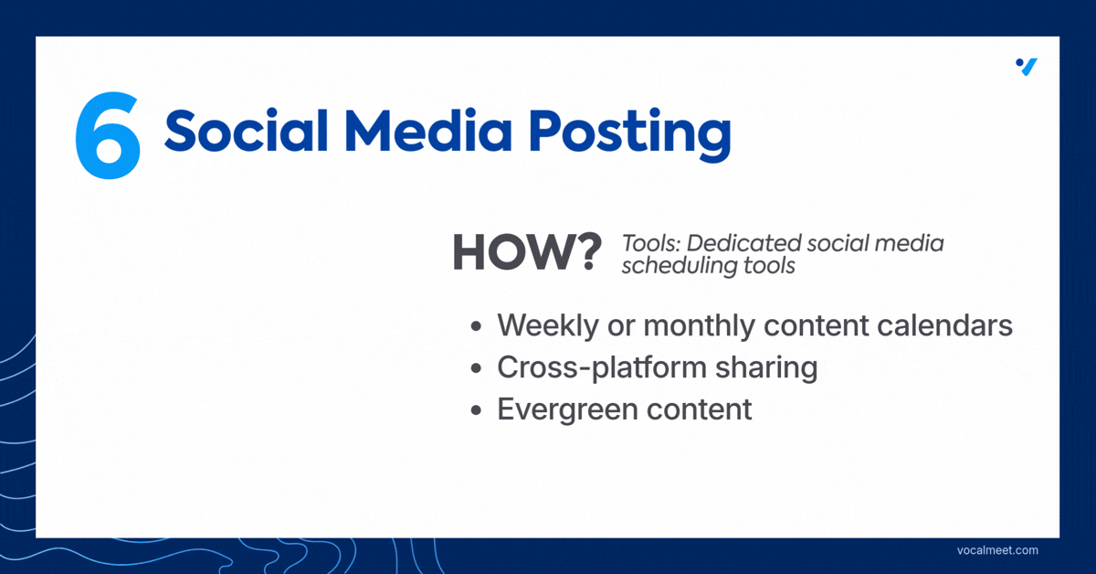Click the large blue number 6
(108, 135)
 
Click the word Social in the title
(246, 131)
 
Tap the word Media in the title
(428, 131)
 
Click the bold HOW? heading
(527, 252)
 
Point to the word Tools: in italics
(651, 243)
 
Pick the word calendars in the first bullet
(944, 325)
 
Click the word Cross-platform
(602, 368)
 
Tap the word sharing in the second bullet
(766, 368)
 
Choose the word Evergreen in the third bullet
(567, 410)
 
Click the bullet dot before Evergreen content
(476, 409)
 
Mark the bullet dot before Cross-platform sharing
(476, 368)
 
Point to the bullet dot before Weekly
(476, 326)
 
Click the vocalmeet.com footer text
(997, 550)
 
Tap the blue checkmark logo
(1027, 67)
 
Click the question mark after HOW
(586, 252)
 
